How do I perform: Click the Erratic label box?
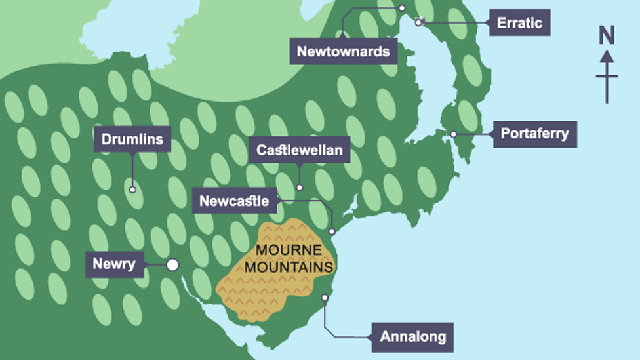519,23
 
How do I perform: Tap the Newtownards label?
344,51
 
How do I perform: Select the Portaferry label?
534,134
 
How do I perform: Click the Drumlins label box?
132,139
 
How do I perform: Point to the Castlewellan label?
300,151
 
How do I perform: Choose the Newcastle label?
234,201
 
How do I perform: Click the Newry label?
114,264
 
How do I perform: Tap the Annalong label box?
412,337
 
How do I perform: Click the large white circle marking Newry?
172,265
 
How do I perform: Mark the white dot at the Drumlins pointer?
132,190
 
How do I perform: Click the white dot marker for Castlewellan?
300,188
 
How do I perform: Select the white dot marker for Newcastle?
332,231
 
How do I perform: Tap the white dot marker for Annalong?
324,298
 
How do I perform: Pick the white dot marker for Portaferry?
453,134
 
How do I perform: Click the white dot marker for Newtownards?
402,8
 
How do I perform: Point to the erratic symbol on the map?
419,22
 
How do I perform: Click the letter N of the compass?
607,35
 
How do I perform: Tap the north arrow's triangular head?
607,56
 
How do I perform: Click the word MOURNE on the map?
289,250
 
